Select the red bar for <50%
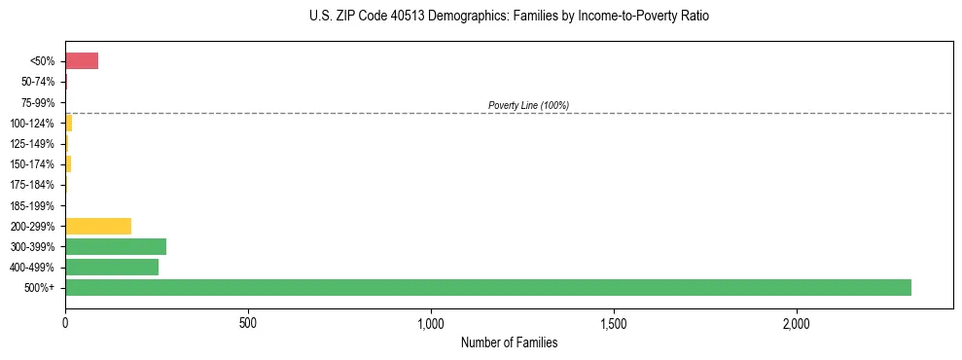(82, 61)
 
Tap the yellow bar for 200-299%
(98, 226)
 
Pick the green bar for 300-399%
(116, 246)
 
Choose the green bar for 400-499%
(112, 267)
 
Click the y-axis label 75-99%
(39, 102)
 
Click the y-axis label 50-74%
(39, 82)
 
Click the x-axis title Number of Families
(509, 342)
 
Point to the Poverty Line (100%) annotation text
(528, 105)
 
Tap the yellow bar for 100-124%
(69, 123)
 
